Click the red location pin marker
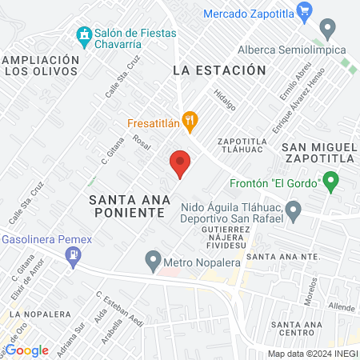181,163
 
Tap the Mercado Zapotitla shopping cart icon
303,11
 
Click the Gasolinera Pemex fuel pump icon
74,255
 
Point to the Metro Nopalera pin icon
152,260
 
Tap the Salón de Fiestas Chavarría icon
84,35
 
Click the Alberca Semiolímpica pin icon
326,30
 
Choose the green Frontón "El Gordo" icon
329,182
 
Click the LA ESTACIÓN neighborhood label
218,70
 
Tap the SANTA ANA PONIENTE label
128,206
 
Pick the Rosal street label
142,142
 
